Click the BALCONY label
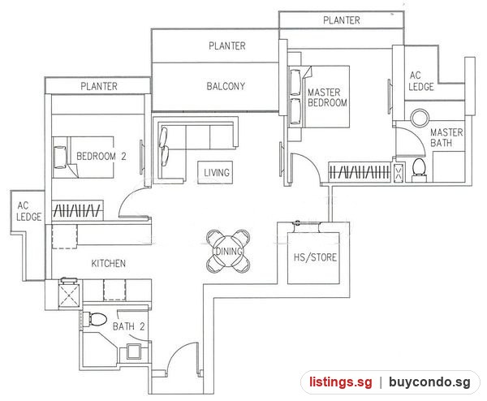point(226,86)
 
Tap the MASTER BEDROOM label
point(327,97)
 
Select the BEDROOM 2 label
point(101,156)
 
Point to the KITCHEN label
point(109,263)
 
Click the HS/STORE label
point(315,257)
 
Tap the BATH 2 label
point(128,326)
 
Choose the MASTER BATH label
point(446,138)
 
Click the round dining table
point(228,252)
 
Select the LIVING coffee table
point(215,172)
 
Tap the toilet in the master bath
point(419,170)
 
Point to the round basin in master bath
point(420,118)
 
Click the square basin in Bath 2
point(134,352)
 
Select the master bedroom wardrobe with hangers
point(360,171)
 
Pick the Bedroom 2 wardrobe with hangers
point(78,210)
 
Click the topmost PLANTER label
point(342,20)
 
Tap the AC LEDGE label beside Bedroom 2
point(28,211)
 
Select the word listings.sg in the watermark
point(340,382)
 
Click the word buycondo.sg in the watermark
point(429,382)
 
